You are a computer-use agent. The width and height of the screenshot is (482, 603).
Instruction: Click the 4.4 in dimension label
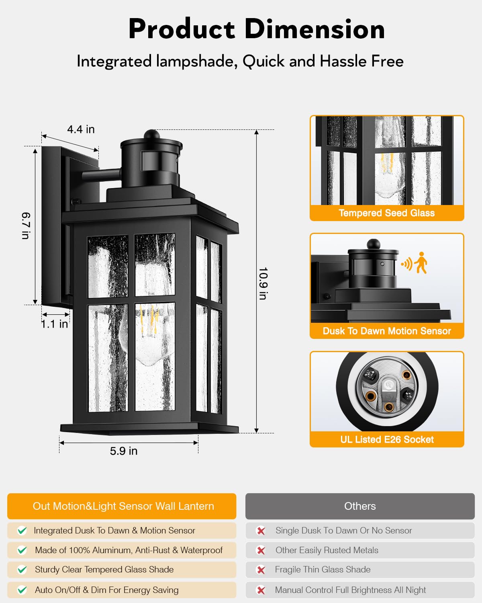[81, 129]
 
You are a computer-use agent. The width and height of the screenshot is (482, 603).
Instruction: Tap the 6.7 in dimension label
[26, 226]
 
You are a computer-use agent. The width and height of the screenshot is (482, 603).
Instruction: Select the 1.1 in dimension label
[55, 324]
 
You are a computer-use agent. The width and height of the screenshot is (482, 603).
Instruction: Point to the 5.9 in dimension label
[124, 451]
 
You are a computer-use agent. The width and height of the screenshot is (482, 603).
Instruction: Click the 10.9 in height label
[263, 283]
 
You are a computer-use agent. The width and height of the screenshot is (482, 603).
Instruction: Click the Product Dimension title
[257, 29]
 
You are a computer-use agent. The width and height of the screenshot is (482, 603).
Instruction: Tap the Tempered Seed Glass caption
[386, 213]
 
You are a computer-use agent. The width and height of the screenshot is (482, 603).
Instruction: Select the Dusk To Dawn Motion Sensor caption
[387, 331]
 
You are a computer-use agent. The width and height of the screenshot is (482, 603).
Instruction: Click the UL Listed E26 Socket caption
[387, 439]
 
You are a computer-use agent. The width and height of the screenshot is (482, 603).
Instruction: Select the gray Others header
[360, 506]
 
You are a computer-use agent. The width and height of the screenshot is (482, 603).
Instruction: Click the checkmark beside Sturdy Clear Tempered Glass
[22, 570]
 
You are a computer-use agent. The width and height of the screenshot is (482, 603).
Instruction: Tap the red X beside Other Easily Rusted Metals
[261, 550]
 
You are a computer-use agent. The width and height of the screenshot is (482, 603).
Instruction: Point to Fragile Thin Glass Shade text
[323, 570]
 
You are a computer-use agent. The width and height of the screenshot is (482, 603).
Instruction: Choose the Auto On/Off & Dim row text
[106, 590]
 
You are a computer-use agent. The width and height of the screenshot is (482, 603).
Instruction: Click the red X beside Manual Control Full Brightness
[261, 590]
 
